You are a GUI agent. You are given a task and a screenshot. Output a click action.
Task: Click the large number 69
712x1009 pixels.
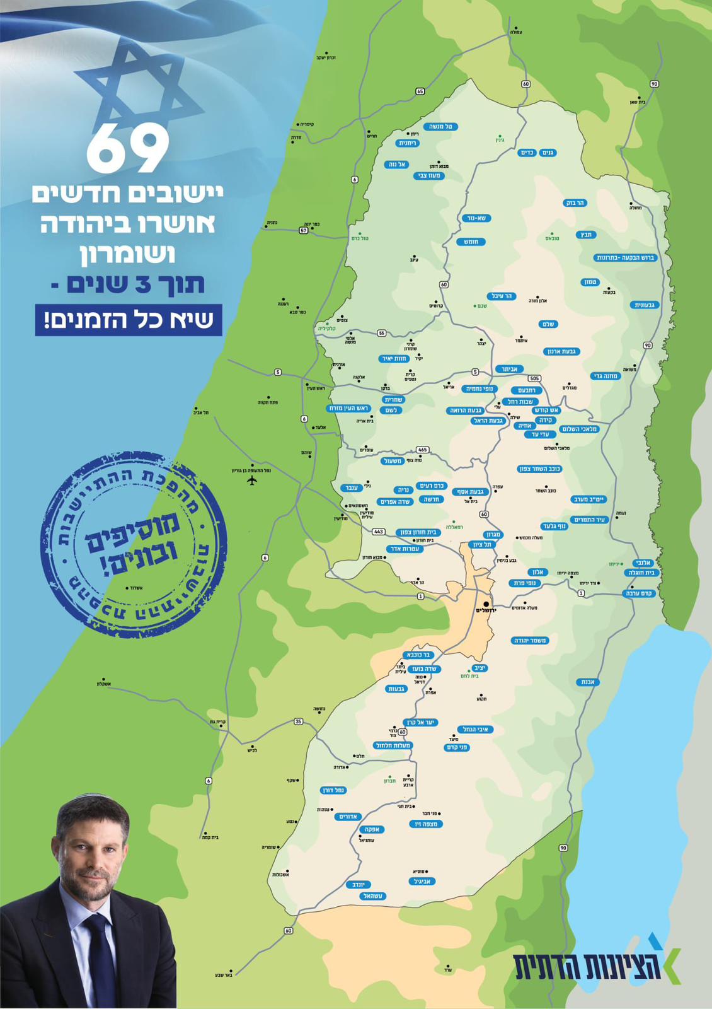tap(128, 149)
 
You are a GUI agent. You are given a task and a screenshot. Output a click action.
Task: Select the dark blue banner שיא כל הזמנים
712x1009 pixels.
tap(129, 320)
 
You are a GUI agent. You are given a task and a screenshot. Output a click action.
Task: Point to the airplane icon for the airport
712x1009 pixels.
tap(252, 481)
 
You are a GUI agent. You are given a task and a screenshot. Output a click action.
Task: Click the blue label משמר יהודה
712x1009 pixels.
tap(530, 640)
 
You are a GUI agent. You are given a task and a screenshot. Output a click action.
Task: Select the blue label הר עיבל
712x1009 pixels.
tap(502, 296)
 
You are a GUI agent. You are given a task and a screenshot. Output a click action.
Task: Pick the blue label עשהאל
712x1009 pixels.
tap(372, 895)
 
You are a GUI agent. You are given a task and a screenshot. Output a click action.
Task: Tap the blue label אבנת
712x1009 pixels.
tap(587, 682)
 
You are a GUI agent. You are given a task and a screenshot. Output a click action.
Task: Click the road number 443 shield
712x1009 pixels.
tap(378, 532)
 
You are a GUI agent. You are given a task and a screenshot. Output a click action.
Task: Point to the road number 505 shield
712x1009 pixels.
tap(534, 378)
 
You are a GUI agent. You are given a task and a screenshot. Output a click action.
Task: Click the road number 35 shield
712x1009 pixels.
tap(298, 721)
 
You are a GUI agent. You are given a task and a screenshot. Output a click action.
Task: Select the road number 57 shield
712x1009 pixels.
tap(304, 230)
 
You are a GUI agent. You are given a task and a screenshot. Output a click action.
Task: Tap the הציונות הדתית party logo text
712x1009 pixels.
tap(586, 966)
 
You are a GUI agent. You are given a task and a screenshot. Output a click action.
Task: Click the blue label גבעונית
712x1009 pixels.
tap(644, 305)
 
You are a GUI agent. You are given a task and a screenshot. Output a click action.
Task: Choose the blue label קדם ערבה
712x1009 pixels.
tap(639, 593)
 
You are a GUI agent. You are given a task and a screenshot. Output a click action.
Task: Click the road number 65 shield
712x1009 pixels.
tap(420, 91)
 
